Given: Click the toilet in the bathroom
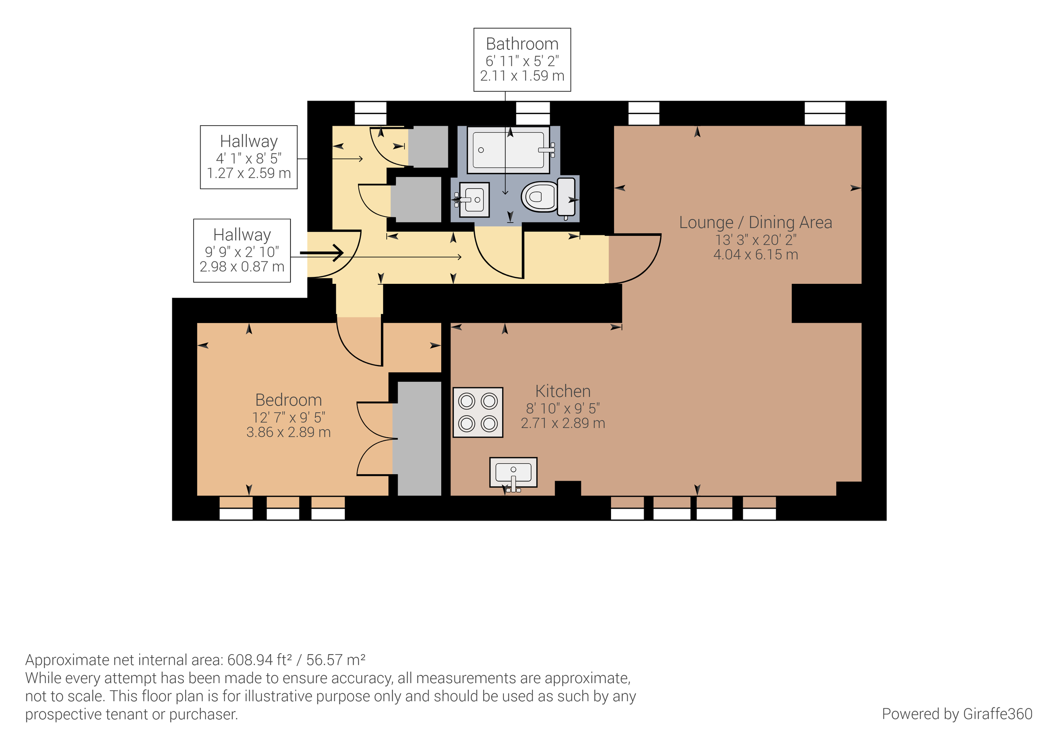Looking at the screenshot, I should [x=547, y=196].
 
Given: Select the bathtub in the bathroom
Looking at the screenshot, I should [x=508, y=150].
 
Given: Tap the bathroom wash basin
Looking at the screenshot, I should [x=474, y=200].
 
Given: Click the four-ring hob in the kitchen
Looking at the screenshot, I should [x=478, y=412].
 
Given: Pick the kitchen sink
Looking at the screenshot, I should [x=513, y=473].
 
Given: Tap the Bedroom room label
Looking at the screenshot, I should [x=288, y=400].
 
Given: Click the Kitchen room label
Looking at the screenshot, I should [x=563, y=391].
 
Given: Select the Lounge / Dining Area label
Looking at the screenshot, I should [x=755, y=222].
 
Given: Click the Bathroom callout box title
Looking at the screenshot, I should [x=522, y=44].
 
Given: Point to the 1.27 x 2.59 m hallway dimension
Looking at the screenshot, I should [x=249, y=173].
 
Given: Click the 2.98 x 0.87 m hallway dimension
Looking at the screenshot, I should [x=242, y=266].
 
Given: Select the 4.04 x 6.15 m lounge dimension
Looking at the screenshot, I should [x=755, y=254].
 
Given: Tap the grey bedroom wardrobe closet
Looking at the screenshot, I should [x=419, y=438].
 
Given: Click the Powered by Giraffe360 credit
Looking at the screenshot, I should [x=957, y=714].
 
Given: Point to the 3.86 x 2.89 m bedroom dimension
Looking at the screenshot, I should [x=288, y=432].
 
